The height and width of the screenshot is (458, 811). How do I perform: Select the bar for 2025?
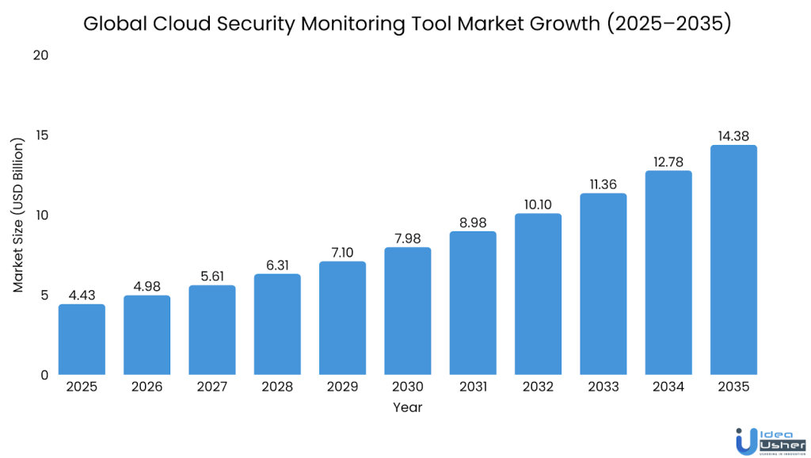pyautogui.click(x=82, y=339)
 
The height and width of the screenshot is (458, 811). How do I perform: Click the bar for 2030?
pyautogui.click(x=408, y=311)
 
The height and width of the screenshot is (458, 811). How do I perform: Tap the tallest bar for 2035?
pyautogui.click(x=733, y=260)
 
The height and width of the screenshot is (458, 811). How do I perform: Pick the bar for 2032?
pyautogui.click(x=539, y=294)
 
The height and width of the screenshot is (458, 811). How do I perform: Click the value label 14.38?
pyautogui.click(x=733, y=136)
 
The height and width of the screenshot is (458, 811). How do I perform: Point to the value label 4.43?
pyautogui.click(x=82, y=295)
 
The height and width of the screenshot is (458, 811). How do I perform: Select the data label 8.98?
pyautogui.click(x=473, y=222)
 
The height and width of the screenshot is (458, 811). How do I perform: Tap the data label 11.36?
pyautogui.click(x=603, y=185)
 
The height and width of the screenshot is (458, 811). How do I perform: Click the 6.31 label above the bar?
pyautogui.click(x=277, y=265)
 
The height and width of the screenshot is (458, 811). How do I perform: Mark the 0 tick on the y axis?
pyautogui.click(x=44, y=375)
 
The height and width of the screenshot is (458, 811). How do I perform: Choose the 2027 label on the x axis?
pyautogui.click(x=212, y=387)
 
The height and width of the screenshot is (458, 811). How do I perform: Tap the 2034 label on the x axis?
pyautogui.click(x=668, y=387)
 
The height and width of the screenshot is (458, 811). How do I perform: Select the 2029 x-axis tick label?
pyautogui.click(x=343, y=387)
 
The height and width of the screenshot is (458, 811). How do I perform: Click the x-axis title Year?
pyautogui.click(x=407, y=408)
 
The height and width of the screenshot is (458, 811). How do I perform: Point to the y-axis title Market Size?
pyautogui.click(x=19, y=214)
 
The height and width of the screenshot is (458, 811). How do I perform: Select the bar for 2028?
pyautogui.click(x=277, y=324)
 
